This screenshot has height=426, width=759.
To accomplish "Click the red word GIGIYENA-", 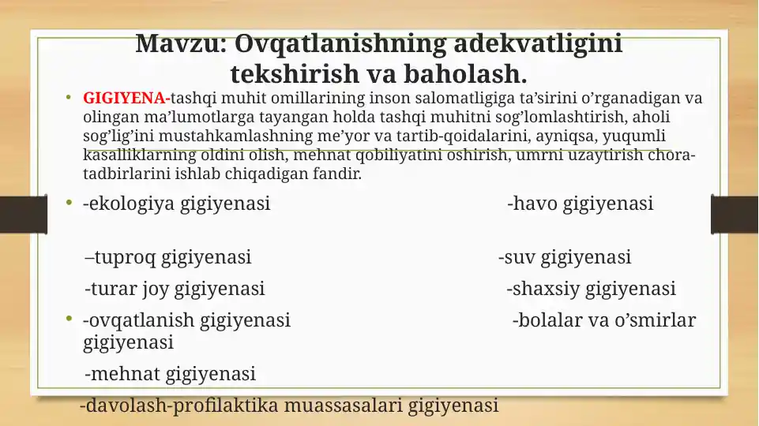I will pyautogui.click(x=126, y=99).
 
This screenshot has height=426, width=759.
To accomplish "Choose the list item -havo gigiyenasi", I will pyautogui.click(x=580, y=204).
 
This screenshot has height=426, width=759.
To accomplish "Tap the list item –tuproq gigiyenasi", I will pyautogui.click(x=168, y=257).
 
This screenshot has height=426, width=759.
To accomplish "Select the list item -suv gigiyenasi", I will pyautogui.click(x=564, y=257).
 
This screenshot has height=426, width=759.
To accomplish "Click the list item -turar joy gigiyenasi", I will pyautogui.click(x=175, y=289).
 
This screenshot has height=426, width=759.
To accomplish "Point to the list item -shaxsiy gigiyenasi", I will pyautogui.click(x=591, y=289).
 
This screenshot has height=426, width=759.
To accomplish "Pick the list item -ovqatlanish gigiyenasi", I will pyautogui.click(x=186, y=320).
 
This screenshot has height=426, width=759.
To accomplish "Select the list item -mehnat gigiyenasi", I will pyautogui.click(x=170, y=373).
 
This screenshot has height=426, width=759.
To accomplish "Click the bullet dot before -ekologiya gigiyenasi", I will pyautogui.click(x=70, y=204).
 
